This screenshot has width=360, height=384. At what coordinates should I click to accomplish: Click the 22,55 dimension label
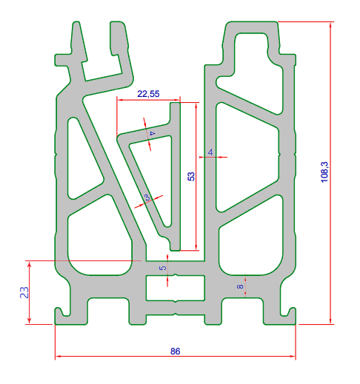tap(148, 93)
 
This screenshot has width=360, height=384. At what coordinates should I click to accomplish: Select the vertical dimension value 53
tap(190, 177)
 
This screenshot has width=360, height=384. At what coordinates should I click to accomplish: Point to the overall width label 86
tap(175, 351)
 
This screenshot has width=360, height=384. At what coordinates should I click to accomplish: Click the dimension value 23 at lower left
tap(23, 292)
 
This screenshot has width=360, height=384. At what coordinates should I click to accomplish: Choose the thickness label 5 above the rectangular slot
tap(164, 263)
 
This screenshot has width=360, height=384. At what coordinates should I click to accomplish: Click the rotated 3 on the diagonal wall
tap(147, 198)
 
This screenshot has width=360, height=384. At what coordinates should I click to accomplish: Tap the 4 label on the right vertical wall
tap(210, 152)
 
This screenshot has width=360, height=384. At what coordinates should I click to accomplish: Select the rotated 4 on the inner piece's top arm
tap(152, 133)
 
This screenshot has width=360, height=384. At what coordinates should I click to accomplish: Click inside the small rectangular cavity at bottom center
tap(174, 287)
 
